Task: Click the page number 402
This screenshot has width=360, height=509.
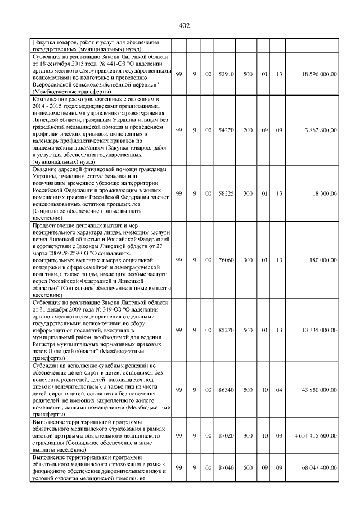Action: pyautogui.click(x=184, y=25)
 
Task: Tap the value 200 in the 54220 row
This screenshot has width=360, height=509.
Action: pyautogui.click(x=247, y=130)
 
